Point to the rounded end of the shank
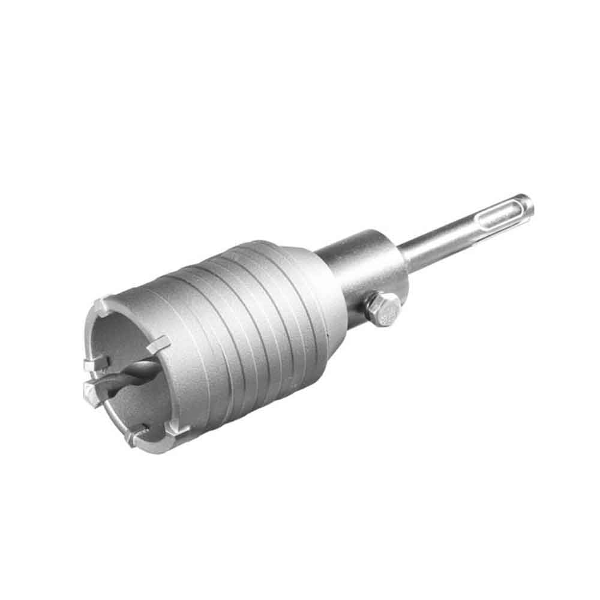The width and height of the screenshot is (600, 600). coord(527,204)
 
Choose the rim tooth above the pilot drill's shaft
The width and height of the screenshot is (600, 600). coord(159,343)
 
